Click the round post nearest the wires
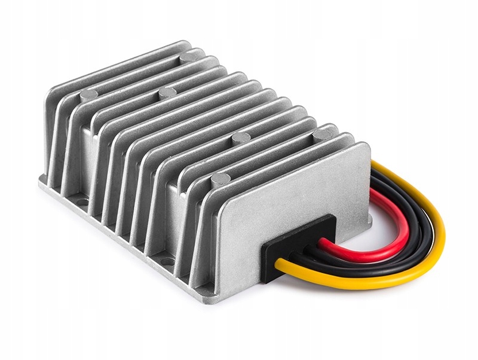click(323, 134)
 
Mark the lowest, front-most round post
click(221, 178)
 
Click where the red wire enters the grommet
click(323, 242)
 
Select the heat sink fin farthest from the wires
click(60, 120)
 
